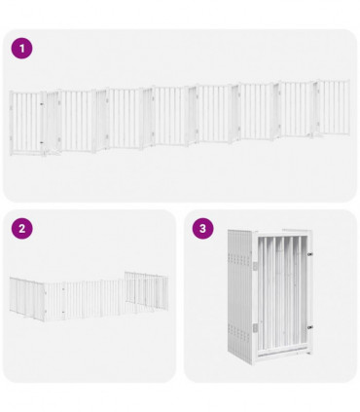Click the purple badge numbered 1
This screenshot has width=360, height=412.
(21, 48)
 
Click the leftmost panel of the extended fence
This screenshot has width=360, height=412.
(27, 122)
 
